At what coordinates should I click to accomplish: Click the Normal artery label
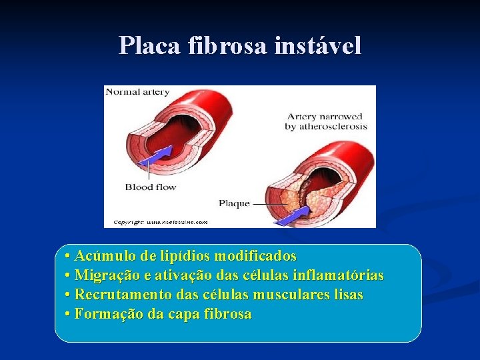click(x=137, y=92)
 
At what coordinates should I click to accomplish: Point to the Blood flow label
click(x=151, y=187)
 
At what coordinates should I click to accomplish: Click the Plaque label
click(x=234, y=203)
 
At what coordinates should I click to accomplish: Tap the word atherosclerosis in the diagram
click(x=326, y=127)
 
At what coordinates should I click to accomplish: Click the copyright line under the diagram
click(x=160, y=222)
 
